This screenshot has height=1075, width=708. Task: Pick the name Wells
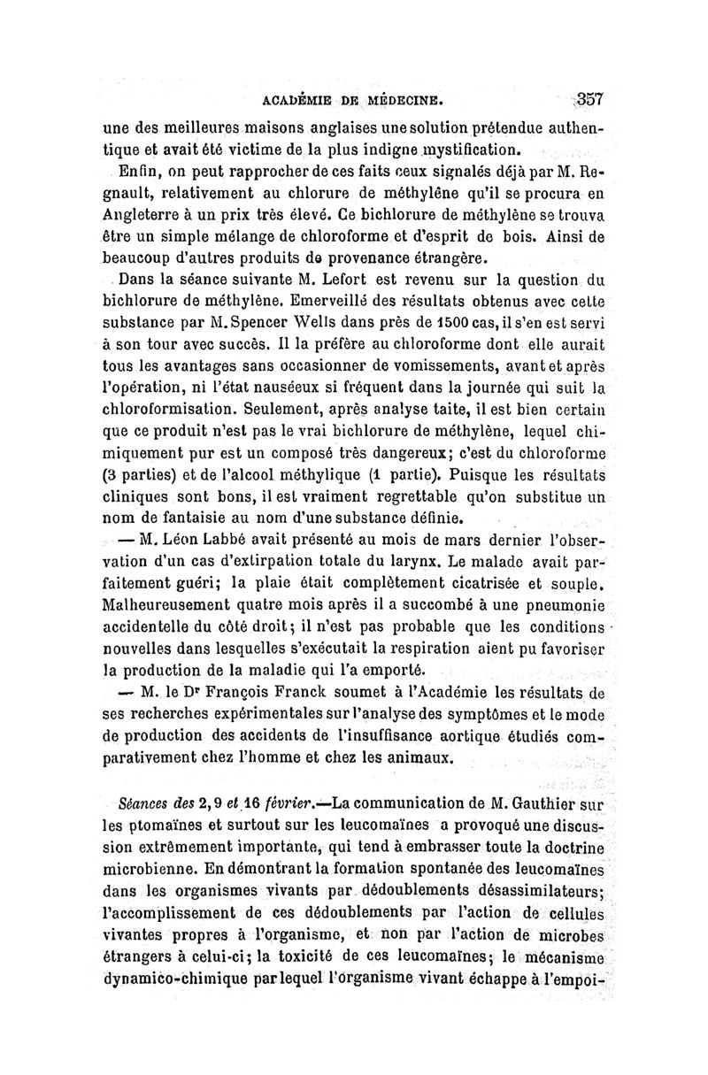pos(308,330)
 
